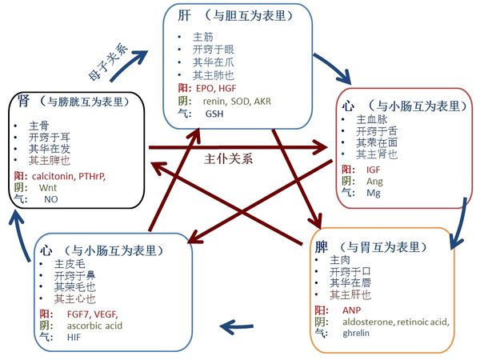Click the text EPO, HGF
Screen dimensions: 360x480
click(215, 88)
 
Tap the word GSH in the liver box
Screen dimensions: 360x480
click(214, 114)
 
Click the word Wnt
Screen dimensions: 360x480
click(42, 187)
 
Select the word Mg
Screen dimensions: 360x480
click(373, 193)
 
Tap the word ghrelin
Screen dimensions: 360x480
click(358, 332)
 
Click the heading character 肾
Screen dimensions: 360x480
click(23, 102)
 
